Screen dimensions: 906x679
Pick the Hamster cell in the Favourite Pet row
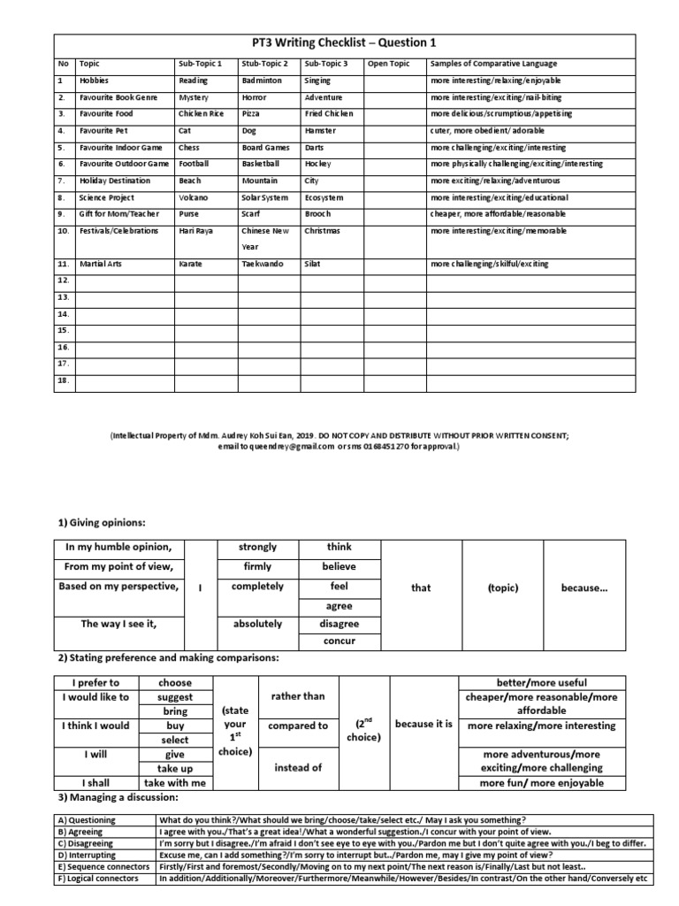click(x=320, y=131)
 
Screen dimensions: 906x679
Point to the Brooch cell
click(x=318, y=215)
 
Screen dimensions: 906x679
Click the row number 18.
click(x=63, y=380)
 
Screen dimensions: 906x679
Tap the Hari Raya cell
click(x=196, y=231)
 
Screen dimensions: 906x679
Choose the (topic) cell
click(x=503, y=587)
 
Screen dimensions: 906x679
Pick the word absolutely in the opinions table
click(x=257, y=624)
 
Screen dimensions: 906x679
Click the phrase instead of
click(x=298, y=768)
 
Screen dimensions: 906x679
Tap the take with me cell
click(x=175, y=783)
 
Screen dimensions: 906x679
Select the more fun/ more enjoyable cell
click(x=542, y=783)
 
